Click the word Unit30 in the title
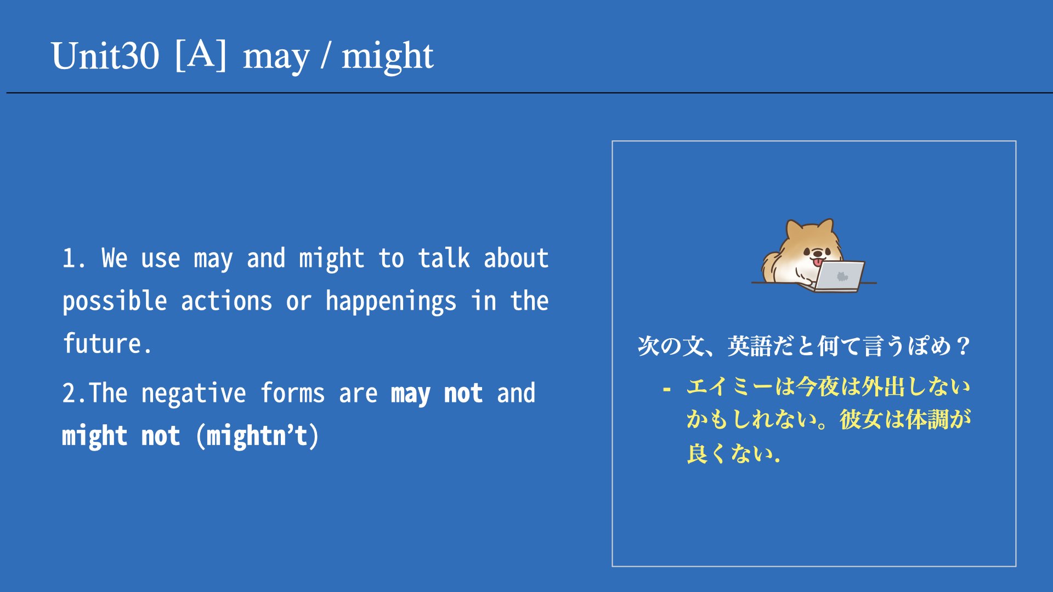(105, 56)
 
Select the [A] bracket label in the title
(201, 55)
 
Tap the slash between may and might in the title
(326, 56)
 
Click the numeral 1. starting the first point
(73, 258)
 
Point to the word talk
(444, 258)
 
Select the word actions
(227, 301)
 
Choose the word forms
(292, 393)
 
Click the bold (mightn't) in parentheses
(257, 436)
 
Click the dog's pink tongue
(818, 263)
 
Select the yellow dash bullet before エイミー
(667, 390)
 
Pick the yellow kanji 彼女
(861, 420)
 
